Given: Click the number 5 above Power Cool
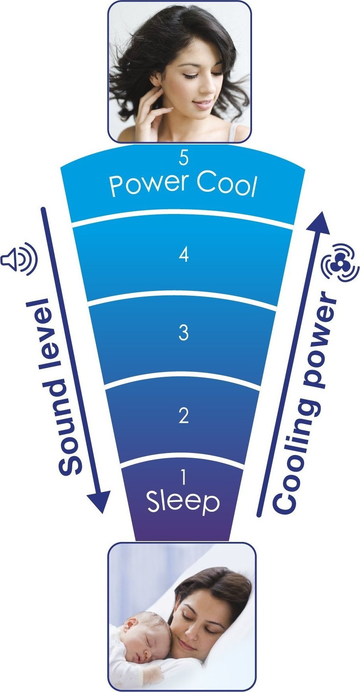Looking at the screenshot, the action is pos(183,158).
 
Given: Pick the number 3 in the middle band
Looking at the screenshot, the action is pos(183,332).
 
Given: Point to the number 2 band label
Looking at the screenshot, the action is pos(183,416).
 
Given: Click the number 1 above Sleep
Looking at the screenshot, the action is pos(183,477).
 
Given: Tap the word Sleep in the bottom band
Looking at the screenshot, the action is pos(183,503).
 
